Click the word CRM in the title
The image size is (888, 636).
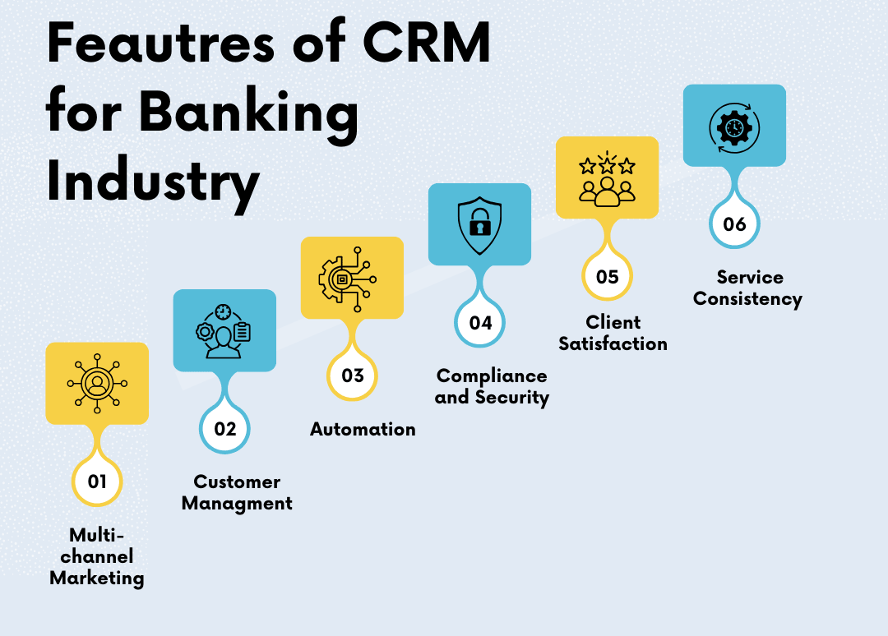(427, 43)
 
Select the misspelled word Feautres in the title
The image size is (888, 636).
(161, 43)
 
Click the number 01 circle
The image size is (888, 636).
(97, 482)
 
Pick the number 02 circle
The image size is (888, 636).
(224, 428)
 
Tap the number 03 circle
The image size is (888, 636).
(352, 376)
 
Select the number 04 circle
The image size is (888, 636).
(479, 323)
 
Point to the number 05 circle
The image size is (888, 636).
(607, 276)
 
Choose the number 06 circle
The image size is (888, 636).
(734, 224)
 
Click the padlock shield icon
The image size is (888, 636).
(479, 225)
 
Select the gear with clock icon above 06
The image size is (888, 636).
(734, 128)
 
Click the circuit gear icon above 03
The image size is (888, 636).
(348, 279)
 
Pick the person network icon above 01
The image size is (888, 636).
(97, 384)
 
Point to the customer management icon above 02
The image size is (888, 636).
(224, 332)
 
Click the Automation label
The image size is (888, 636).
(363, 430)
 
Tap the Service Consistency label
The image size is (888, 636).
(747, 288)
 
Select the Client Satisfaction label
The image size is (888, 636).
(613, 334)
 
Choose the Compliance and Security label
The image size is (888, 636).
(492, 387)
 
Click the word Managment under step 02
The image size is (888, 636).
(237, 504)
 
